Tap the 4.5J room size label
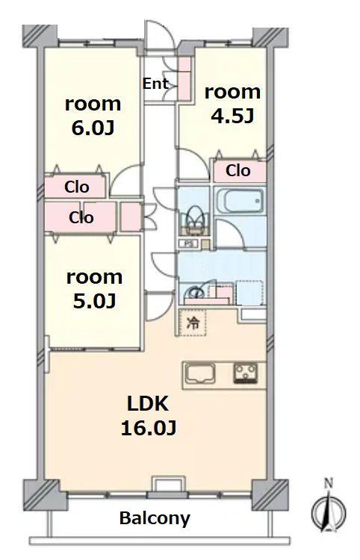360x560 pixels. pyautogui.click(x=232, y=116)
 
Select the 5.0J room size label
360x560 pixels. pyautogui.click(x=94, y=302)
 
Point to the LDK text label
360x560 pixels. pyautogui.click(x=148, y=403)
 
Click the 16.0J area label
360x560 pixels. pyautogui.click(x=149, y=428)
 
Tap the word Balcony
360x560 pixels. pyautogui.click(x=155, y=519)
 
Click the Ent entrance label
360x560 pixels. pyautogui.click(x=155, y=84)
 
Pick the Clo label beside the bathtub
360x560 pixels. pyautogui.click(x=238, y=171)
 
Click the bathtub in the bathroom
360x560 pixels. pyautogui.click(x=240, y=200)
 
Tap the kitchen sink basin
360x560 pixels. pyautogui.click(x=199, y=373)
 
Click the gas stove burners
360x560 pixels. pyautogui.click(x=246, y=373)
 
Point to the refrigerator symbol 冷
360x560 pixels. pyautogui.click(x=193, y=323)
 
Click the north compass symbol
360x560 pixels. pyautogui.click(x=329, y=511)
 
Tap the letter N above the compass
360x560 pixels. pyautogui.click(x=329, y=484)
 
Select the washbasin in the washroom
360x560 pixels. pyautogui.click(x=196, y=293)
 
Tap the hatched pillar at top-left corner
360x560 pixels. pyautogui.click(x=40, y=36)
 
